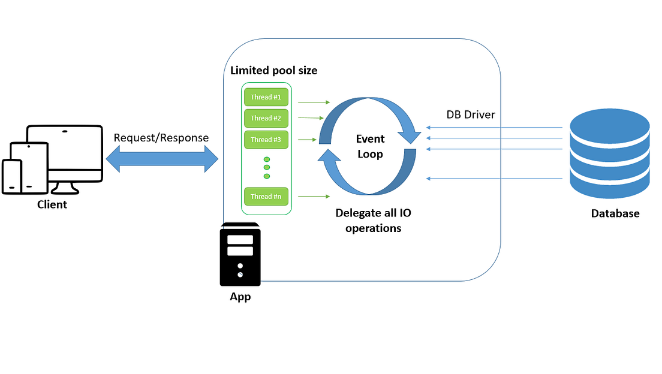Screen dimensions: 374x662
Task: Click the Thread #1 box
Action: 266,97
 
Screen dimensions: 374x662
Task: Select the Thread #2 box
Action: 266,118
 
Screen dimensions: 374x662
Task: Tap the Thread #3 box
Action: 266,140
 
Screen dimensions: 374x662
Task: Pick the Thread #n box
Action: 266,197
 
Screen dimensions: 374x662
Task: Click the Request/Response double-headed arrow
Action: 162,159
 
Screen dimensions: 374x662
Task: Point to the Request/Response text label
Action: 161,138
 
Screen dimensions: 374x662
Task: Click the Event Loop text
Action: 371,146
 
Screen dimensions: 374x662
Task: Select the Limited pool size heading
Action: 274,71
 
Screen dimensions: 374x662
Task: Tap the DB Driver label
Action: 471,114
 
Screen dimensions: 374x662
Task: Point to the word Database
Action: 615,213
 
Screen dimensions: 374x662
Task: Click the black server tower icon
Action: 240,254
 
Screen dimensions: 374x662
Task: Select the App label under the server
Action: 240,297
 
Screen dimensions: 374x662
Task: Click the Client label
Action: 52,204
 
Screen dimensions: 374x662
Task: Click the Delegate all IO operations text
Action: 373,220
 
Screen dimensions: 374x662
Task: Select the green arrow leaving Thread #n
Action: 314,197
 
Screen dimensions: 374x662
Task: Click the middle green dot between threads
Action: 267,167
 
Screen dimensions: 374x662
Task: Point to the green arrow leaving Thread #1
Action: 314,102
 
